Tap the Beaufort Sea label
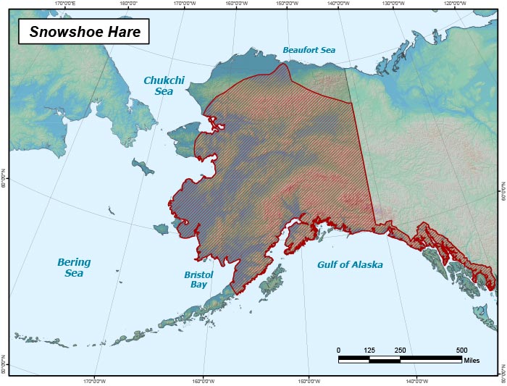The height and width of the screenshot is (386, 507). coord(309,51)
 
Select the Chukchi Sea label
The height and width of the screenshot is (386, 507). coord(162,85)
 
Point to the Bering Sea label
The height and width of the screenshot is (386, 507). coord(74,267)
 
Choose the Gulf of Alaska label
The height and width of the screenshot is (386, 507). coord(350,265)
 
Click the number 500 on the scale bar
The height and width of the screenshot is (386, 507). coord(461,350)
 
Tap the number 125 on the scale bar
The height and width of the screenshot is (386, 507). coord(369,350)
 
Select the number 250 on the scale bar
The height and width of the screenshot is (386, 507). coord(400,350)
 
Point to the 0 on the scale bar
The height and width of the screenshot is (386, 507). coord(338,350)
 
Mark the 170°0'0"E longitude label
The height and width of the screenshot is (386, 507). coord(66,4)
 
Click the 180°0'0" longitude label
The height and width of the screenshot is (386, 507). coord(128,4)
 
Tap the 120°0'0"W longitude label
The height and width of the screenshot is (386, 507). coord(454,4)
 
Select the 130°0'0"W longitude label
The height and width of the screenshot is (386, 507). coord(393,4)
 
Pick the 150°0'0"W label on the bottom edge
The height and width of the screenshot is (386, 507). coord(309,381)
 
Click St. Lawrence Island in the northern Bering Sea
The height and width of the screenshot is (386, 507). coord(143,167)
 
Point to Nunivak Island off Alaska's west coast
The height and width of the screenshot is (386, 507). coord(161,229)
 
